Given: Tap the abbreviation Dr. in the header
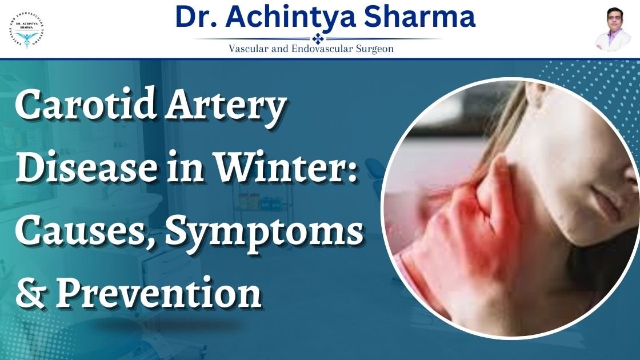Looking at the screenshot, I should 195,17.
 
